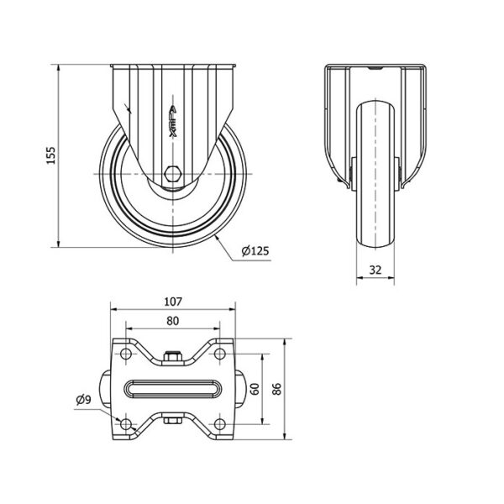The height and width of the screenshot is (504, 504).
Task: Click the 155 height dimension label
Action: (x=51, y=155)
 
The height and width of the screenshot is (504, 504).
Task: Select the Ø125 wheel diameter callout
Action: (x=255, y=250)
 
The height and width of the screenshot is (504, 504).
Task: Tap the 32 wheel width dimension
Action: (x=375, y=270)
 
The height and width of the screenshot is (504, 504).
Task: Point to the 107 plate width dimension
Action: (x=173, y=302)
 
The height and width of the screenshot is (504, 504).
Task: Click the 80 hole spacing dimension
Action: (x=172, y=321)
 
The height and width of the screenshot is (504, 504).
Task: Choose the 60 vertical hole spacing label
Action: (x=255, y=389)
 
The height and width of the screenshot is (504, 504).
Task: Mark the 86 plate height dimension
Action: (x=276, y=389)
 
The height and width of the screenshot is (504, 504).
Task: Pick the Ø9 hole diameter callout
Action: (x=83, y=400)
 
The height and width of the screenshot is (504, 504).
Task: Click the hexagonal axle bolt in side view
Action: (x=173, y=174)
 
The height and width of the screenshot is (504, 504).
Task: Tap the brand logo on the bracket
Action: (x=173, y=121)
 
